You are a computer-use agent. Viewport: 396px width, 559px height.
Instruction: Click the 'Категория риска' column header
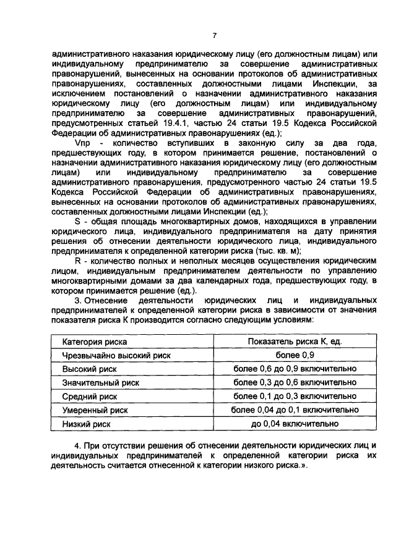(x=95, y=342)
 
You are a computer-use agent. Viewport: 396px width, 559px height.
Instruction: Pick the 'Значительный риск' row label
(x=100, y=382)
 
